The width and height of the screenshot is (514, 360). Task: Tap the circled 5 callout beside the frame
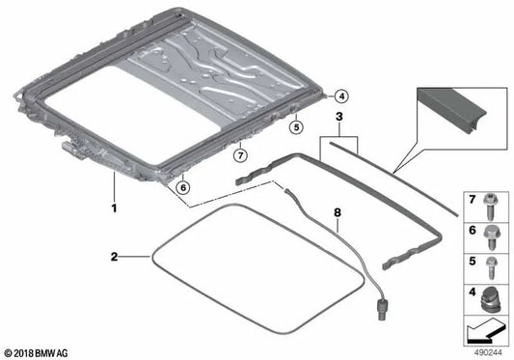coord(297,125)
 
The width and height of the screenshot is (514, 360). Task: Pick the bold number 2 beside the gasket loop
coord(114,257)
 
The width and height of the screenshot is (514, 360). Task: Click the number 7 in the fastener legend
coord(471,199)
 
